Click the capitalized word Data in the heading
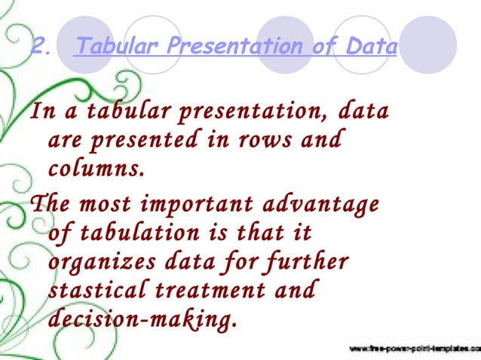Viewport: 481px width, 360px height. pos(369,47)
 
